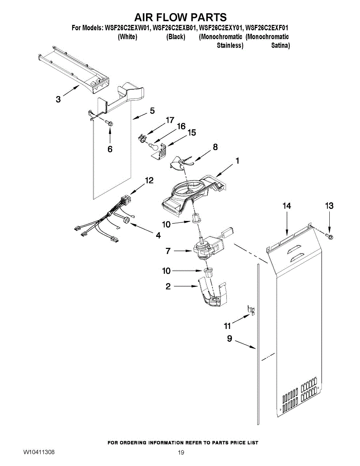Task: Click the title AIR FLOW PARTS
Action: [180, 17]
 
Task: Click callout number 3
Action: [58, 99]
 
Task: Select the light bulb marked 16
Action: [154, 147]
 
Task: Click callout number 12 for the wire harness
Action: [149, 180]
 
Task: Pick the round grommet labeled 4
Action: [126, 221]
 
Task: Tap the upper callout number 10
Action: [166, 224]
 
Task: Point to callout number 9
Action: [229, 339]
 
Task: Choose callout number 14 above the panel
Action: [287, 206]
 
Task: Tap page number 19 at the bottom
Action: [181, 452]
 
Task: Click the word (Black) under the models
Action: [176, 37]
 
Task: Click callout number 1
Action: [237, 160]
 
